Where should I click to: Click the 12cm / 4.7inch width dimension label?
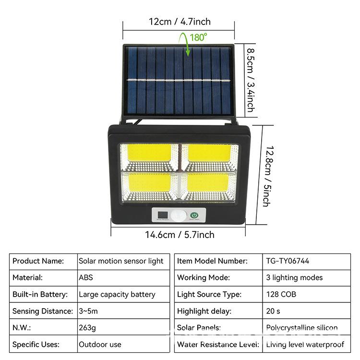tap(180, 22)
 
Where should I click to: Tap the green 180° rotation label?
tap(198, 37)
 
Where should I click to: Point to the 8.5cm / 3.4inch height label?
tap(250, 79)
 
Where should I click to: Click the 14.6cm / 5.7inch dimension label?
tap(180, 235)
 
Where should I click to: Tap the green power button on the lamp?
tap(194, 216)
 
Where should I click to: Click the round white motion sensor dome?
tap(179, 216)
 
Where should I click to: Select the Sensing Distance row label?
tap(43, 311)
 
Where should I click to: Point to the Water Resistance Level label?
tap(218, 345)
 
